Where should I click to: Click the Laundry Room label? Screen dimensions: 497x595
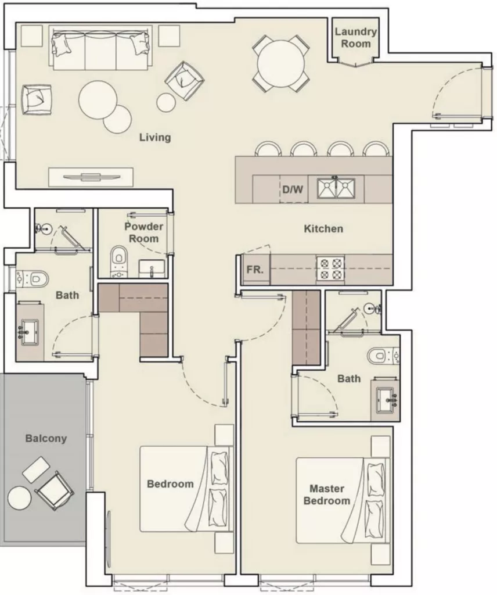(355, 38)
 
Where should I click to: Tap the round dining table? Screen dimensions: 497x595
(281, 63)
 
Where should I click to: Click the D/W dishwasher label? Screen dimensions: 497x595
(293, 189)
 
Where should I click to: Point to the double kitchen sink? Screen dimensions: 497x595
(336, 189)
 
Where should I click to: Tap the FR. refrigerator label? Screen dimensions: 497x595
(255, 270)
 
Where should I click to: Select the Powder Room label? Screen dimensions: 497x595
(143, 232)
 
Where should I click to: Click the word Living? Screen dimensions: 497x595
(155, 137)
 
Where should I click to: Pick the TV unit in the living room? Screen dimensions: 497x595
(91, 177)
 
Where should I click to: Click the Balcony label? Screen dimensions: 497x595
(46, 438)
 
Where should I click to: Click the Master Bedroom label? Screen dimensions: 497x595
(326, 494)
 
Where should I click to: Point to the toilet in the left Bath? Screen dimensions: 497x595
(33, 279)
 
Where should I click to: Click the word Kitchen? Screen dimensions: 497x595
(323, 228)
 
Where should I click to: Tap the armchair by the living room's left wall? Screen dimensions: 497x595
(37, 99)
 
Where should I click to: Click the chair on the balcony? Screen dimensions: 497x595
(55, 490)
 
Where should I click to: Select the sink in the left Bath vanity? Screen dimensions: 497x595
(29, 332)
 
